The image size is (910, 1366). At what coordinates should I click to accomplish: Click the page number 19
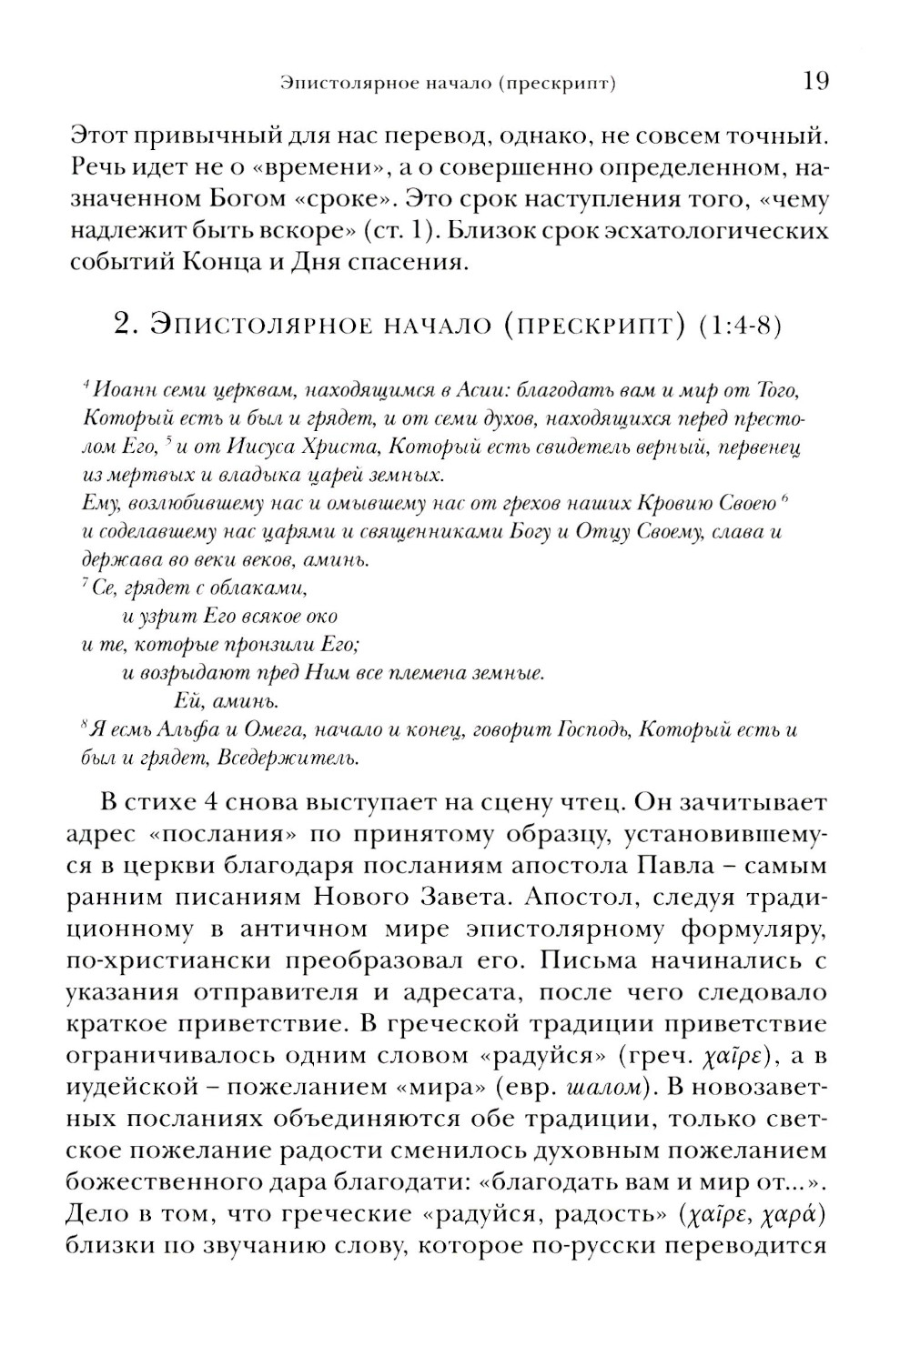coord(815,82)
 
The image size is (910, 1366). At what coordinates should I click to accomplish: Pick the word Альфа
coord(189,729)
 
